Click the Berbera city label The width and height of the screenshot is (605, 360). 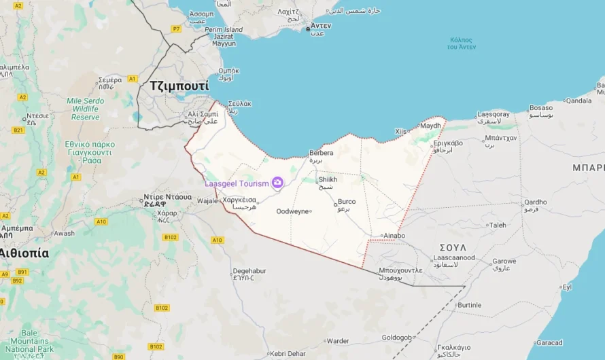pos(321,153)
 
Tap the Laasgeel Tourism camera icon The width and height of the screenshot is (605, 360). pos(277,183)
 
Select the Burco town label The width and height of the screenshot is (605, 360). pos(347,202)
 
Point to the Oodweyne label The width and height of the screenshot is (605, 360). pos(292,211)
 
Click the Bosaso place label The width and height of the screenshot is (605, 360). pos(542,107)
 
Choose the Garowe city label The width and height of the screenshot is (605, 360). pos(504,261)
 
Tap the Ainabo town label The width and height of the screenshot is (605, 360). pos(394,236)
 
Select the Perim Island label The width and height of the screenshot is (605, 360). pos(224,30)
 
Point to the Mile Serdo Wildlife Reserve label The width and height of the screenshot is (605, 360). pos(85,109)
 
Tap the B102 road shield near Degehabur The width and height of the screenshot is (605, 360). pos(161,308)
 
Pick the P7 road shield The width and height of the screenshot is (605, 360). pos(176,29)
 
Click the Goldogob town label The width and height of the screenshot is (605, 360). pos(397,338)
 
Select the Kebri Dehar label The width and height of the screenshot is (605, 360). pos(289,353)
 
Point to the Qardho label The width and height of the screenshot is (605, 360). pos(535,202)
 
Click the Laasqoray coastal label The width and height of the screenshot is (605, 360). pos(493,114)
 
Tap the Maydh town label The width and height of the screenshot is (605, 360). pos(430,126)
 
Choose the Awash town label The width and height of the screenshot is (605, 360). pos(64,233)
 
